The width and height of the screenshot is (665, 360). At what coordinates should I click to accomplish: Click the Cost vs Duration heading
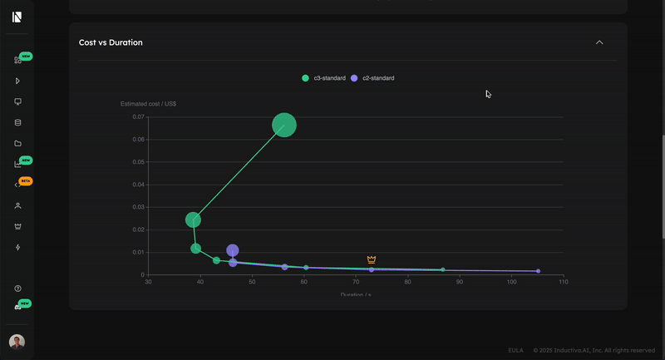point(111,42)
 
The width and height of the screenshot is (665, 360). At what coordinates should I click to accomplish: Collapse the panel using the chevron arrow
point(599,42)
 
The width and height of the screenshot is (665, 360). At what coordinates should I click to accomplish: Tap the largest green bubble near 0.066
point(284,126)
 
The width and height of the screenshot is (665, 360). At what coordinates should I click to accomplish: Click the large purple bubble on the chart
point(233,250)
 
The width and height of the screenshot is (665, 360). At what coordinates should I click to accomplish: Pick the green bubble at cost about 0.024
point(193,220)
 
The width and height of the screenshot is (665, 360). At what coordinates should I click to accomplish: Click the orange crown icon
point(372,260)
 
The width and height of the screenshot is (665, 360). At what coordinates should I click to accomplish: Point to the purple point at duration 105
point(538,271)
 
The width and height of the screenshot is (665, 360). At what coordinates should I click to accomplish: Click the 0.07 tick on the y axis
point(139,117)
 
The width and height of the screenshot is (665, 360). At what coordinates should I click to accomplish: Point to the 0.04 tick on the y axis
point(139,185)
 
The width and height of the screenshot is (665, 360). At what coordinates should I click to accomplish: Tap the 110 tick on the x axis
point(563,283)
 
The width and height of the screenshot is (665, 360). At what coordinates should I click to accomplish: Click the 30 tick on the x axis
point(149,283)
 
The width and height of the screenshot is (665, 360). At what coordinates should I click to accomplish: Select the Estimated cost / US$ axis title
point(148,104)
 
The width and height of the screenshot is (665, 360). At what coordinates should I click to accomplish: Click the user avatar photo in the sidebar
point(17,342)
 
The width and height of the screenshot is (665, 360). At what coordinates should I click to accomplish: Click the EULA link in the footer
point(515,350)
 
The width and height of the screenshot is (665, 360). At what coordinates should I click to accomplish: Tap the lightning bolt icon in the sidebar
point(17,247)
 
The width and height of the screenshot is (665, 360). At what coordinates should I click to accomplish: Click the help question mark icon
point(17,288)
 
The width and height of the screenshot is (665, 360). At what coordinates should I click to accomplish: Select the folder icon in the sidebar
point(17,143)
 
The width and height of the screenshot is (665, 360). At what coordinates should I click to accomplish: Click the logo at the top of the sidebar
point(17,17)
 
